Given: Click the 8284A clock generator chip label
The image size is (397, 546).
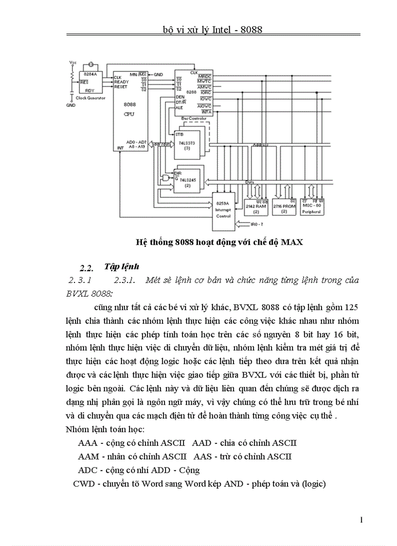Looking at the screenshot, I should pyautogui.click(x=90, y=75).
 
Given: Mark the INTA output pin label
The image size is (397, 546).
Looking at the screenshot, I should pyautogui.click(x=206, y=112).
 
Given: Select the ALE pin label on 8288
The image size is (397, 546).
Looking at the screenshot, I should pyautogui.click(x=179, y=107).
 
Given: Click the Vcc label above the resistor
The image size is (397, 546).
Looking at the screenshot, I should pyautogui.click(x=73, y=63).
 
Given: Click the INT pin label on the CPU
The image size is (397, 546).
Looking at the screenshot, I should pyautogui.click(x=119, y=147).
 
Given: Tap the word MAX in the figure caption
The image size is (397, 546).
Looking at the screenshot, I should pyautogui.click(x=292, y=242).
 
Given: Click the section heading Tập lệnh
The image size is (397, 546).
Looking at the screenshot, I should pyautogui.click(x=122, y=266).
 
